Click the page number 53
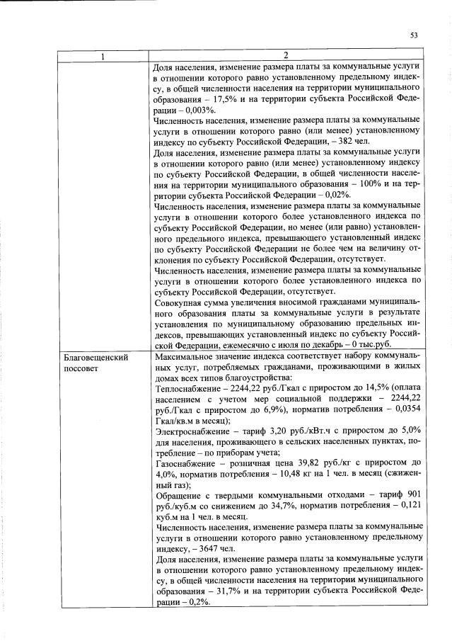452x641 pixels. tap(414, 35)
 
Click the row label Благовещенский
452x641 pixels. tap(95, 358)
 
